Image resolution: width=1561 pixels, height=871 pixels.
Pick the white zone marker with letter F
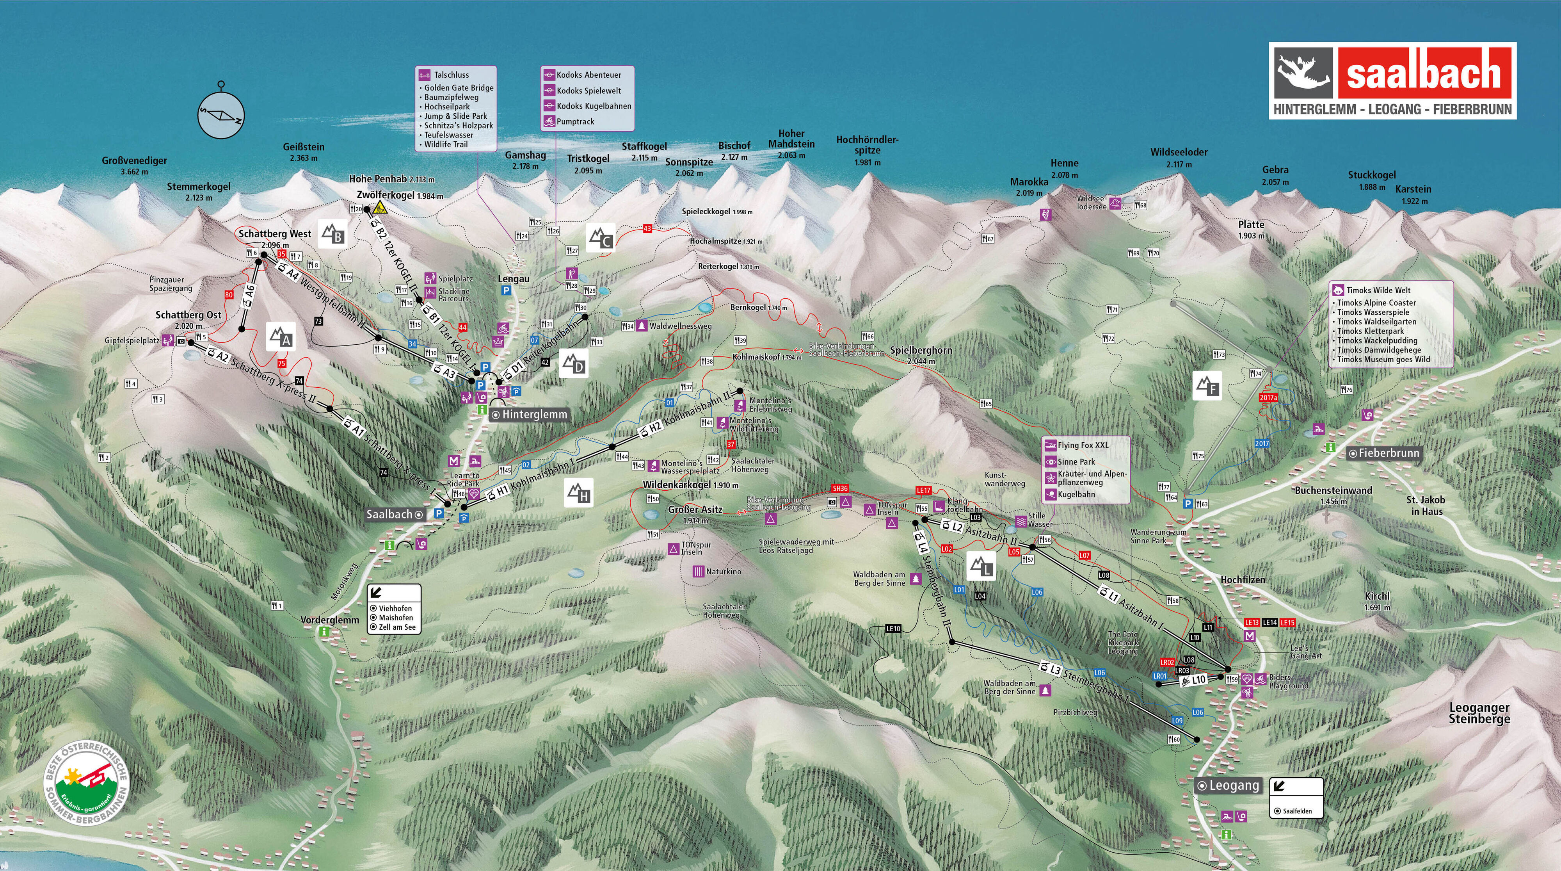tap(1207, 385)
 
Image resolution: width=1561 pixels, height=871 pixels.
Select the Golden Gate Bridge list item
tap(458, 88)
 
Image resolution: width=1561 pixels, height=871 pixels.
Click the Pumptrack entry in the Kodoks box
tap(575, 122)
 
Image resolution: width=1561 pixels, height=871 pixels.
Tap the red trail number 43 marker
tap(647, 228)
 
